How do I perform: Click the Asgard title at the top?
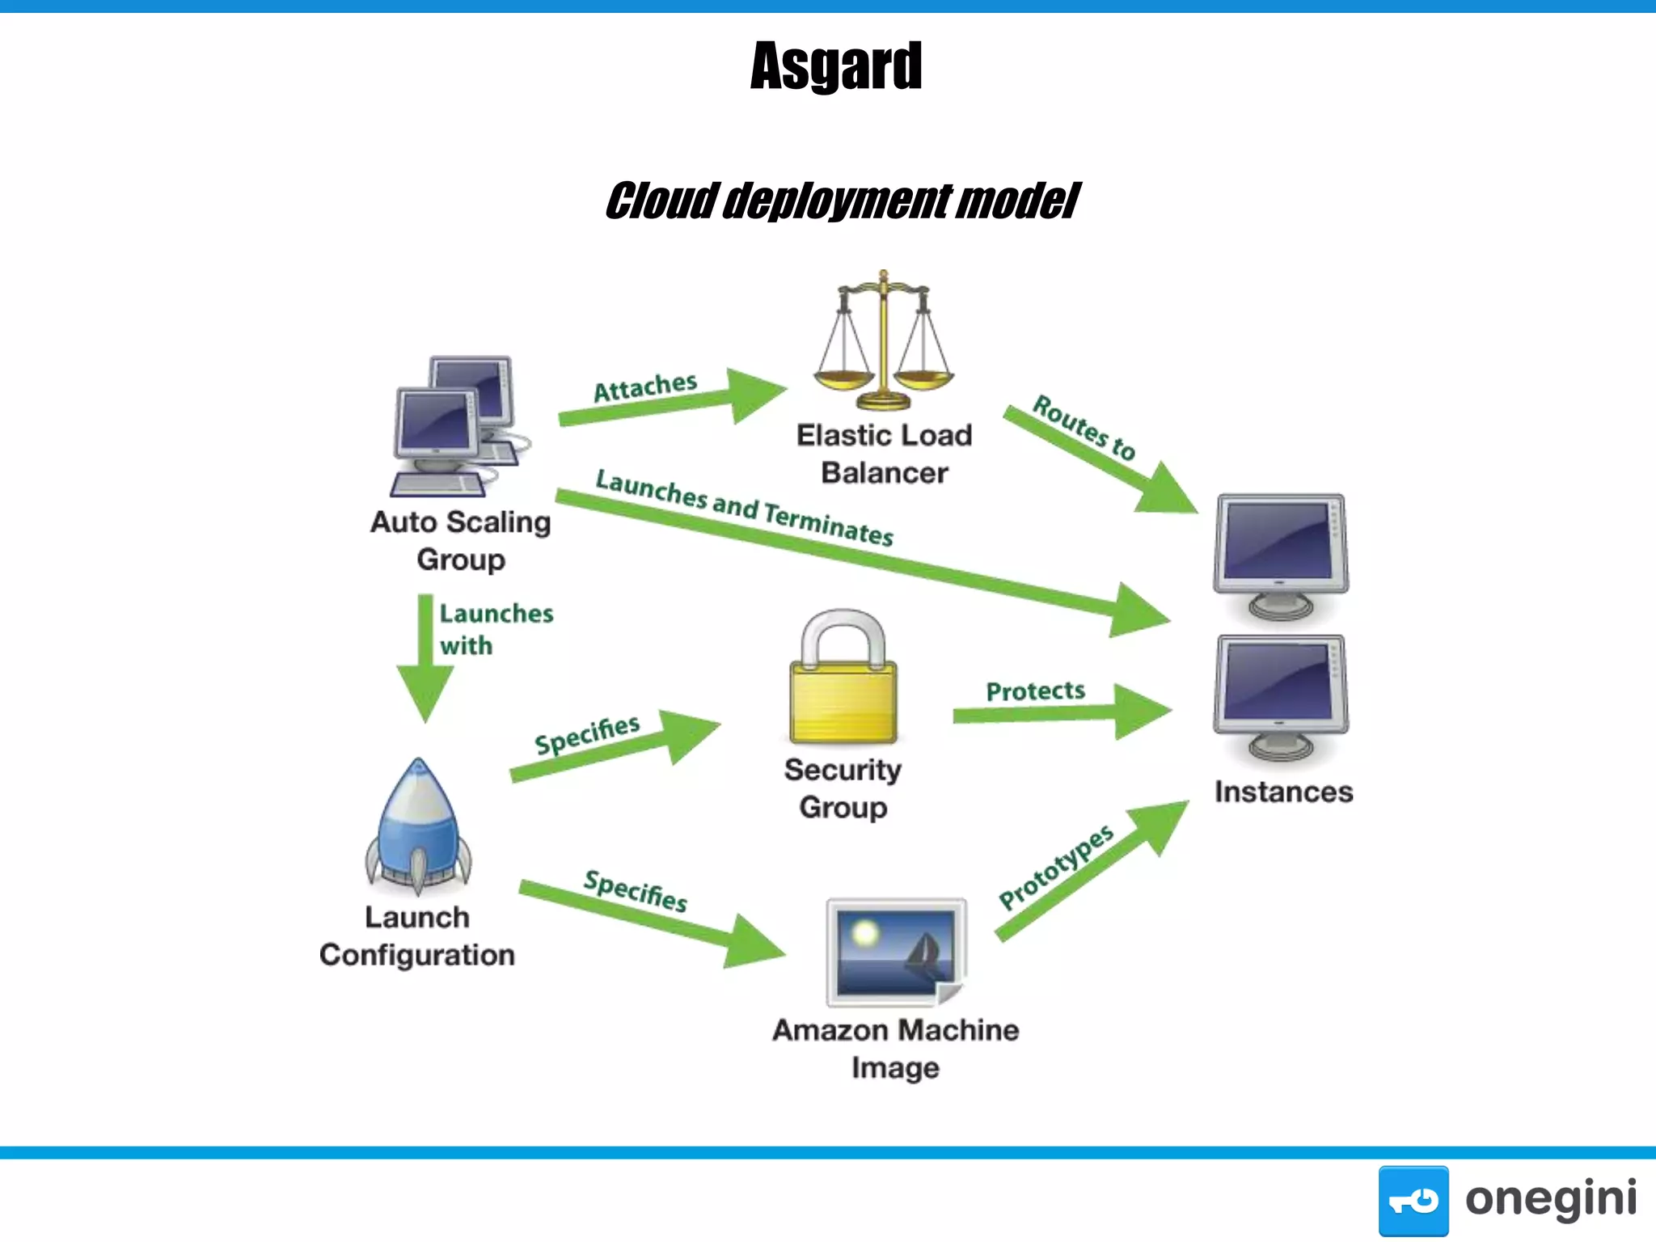tap(835, 65)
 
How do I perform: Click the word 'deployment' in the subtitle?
tap(836, 201)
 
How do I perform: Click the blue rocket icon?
tap(418, 826)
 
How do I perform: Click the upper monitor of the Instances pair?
tap(1281, 556)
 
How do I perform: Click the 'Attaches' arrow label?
tap(645, 387)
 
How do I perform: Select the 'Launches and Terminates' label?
tap(744, 508)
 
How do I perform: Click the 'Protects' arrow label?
tap(1035, 691)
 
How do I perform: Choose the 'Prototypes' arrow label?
tap(1055, 868)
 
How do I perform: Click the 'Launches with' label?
tap(495, 629)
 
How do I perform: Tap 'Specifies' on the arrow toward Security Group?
tap(587, 734)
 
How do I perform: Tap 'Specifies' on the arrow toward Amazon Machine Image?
tap(636, 890)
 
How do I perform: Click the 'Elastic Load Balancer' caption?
tap(884, 454)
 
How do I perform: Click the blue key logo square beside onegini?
tap(1413, 1200)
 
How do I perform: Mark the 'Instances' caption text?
tap(1283, 792)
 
